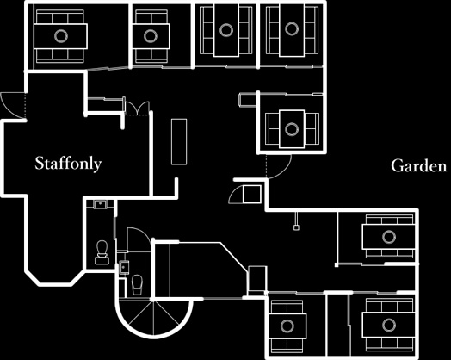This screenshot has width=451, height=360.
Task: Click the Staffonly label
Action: (x=68, y=163)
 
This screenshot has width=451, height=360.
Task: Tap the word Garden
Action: (x=419, y=165)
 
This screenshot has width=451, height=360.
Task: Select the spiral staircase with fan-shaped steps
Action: (x=154, y=319)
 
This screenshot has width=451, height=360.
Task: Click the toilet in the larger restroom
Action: (x=102, y=252)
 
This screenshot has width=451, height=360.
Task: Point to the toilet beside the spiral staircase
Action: (x=137, y=285)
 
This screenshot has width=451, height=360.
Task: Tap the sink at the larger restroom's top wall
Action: (x=100, y=204)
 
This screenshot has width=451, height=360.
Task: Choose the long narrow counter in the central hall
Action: (x=179, y=141)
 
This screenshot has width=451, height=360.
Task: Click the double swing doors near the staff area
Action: (x=138, y=109)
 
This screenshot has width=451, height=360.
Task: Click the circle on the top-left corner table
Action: (x=61, y=36)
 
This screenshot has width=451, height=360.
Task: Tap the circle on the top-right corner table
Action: (x=292, y=28)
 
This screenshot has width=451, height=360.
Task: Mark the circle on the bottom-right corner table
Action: (x=389, y=325)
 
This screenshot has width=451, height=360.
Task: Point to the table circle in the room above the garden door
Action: (x=292, y=129)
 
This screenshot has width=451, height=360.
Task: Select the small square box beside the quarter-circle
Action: (x=252, y=195)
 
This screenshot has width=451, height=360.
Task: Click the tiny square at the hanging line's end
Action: (x=296, y=227)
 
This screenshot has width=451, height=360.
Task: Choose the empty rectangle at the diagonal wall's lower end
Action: (x=257, y=280)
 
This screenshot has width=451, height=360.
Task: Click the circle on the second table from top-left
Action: (x=151, y=36)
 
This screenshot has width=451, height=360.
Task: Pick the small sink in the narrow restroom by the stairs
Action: (x=124, y=267)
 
